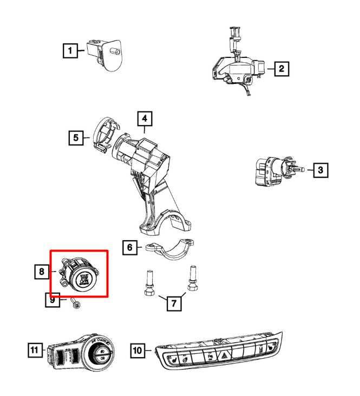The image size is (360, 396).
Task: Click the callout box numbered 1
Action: tap(69, 51)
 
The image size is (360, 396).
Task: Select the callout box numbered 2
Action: tap(281, 69)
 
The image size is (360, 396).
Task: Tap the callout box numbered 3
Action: tap(320, 170)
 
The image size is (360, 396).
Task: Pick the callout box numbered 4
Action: tap(145, 118)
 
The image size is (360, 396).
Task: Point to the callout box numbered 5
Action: tap(76, 138)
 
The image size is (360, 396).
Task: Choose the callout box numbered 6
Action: tap(129, 248)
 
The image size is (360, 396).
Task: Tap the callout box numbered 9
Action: tap(52, 299)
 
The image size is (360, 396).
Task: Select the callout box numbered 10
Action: tap(138, 351)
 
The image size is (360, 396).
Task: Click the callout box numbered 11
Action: tap(35, 351)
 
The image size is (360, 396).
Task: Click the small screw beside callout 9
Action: tap(75, 305)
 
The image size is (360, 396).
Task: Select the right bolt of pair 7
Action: tap(192, 279)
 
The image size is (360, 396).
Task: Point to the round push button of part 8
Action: tap(83, 277)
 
